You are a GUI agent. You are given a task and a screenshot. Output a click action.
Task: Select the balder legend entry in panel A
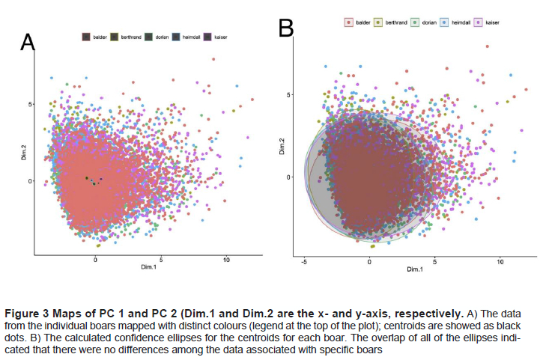pyautogui.click(x=94, y=36)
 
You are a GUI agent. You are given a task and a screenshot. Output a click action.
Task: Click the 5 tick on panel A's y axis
pyautogui.click(x=31, y=104)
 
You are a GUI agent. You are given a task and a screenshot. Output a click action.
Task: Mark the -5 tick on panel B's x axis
pyautogui.click(x=303, y=263)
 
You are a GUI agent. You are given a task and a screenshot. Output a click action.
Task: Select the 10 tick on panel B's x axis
pyautogui.click(x=500, y=263)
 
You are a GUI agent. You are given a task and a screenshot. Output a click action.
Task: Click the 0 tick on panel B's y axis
pyautogui.click(x=288, y=177)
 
